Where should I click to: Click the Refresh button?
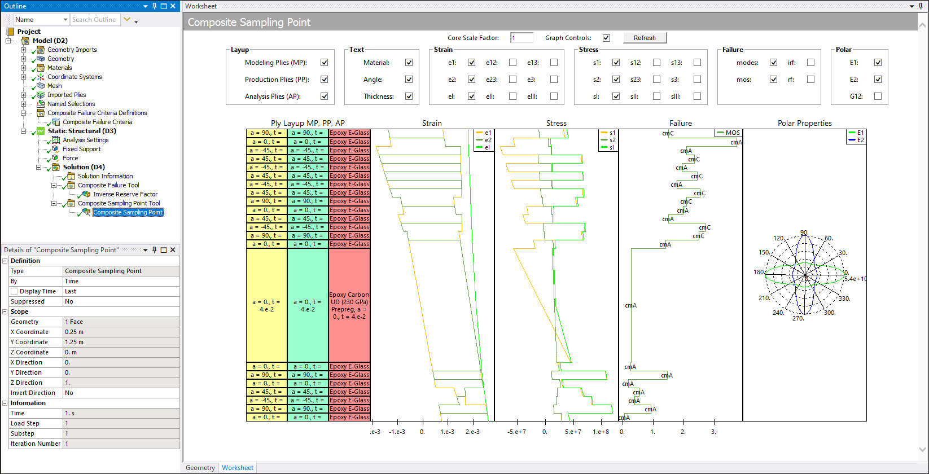[x=645, y=38]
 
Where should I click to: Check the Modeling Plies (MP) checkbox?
[x=325, y=63]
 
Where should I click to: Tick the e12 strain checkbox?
[x=512, y=63]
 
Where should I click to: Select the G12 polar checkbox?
[x=878, y=96]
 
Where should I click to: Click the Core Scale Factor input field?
[x=522, y=38]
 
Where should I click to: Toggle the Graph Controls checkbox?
[x=606, y=38]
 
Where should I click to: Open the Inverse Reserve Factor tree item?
[x=125, y=194]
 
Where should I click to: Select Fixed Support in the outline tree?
[x=82, y=149]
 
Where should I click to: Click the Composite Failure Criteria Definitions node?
[x=97, y=113]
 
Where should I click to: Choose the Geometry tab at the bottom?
[x=200, y=468]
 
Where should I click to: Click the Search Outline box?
[x=94, y=20]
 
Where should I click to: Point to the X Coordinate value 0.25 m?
[x=74, y=332]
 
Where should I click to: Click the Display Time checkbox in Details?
[x=14, y=291]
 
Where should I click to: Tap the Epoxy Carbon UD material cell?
[x=349, y=305]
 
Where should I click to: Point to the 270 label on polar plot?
[x=797, y=318]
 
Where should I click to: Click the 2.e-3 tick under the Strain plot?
[x=472, y=432]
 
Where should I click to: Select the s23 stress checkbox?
[x=656, y=80]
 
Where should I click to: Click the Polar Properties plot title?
[x=804, y=123]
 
